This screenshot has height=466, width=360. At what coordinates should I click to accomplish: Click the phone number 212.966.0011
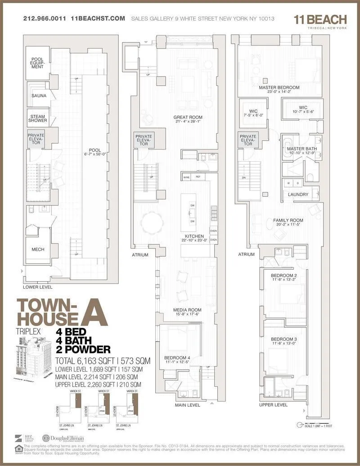(45, 19)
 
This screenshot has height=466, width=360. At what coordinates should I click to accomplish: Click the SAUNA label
(37, 96)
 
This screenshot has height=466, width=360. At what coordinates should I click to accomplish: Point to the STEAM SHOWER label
(38, 118)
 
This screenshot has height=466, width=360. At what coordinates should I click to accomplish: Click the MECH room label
(38, 249)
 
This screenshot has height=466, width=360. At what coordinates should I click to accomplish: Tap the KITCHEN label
(194, 236)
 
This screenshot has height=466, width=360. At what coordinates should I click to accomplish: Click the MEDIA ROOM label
(187, 310)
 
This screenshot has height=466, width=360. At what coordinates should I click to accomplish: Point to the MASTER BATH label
(302, 149)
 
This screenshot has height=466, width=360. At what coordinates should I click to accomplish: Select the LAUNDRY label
(298, 195)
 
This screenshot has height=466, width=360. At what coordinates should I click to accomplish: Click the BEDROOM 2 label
(283, 276)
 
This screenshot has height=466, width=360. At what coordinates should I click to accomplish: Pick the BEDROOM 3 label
(283, 339)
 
